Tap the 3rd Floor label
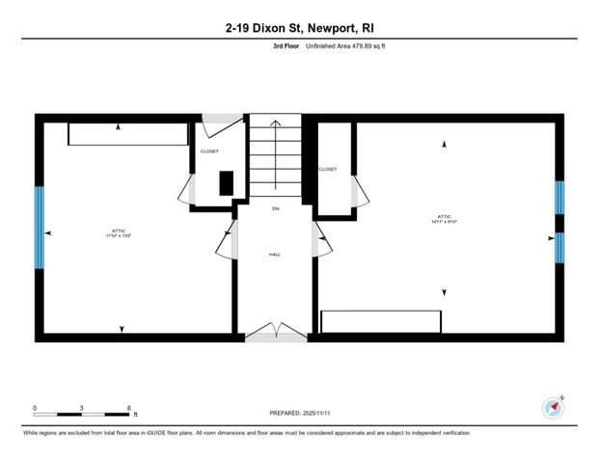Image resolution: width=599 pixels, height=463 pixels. click(x=286, y=46)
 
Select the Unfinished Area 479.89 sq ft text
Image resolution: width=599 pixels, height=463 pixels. click(x=348, y=46)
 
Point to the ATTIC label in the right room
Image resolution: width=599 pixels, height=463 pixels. click(x=444, y=218)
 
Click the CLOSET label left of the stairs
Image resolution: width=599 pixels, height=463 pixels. click(x=209, y=151)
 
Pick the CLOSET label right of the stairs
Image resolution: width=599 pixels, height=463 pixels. click(x=327, y=169)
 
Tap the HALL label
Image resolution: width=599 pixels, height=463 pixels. click(x=275, y=256)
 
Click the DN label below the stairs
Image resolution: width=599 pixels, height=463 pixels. click(x=275, y=208)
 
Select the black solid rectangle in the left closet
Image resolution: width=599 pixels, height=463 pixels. click(x=226, y=182)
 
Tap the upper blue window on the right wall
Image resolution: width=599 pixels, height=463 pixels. click(x=558, y=203)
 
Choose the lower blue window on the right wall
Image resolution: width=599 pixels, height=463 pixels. click(x=558, y=246)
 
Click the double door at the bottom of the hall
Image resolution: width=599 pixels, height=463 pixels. click(x=275, y=332)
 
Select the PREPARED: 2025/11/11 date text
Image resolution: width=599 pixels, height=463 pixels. click(x=299, y=413)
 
